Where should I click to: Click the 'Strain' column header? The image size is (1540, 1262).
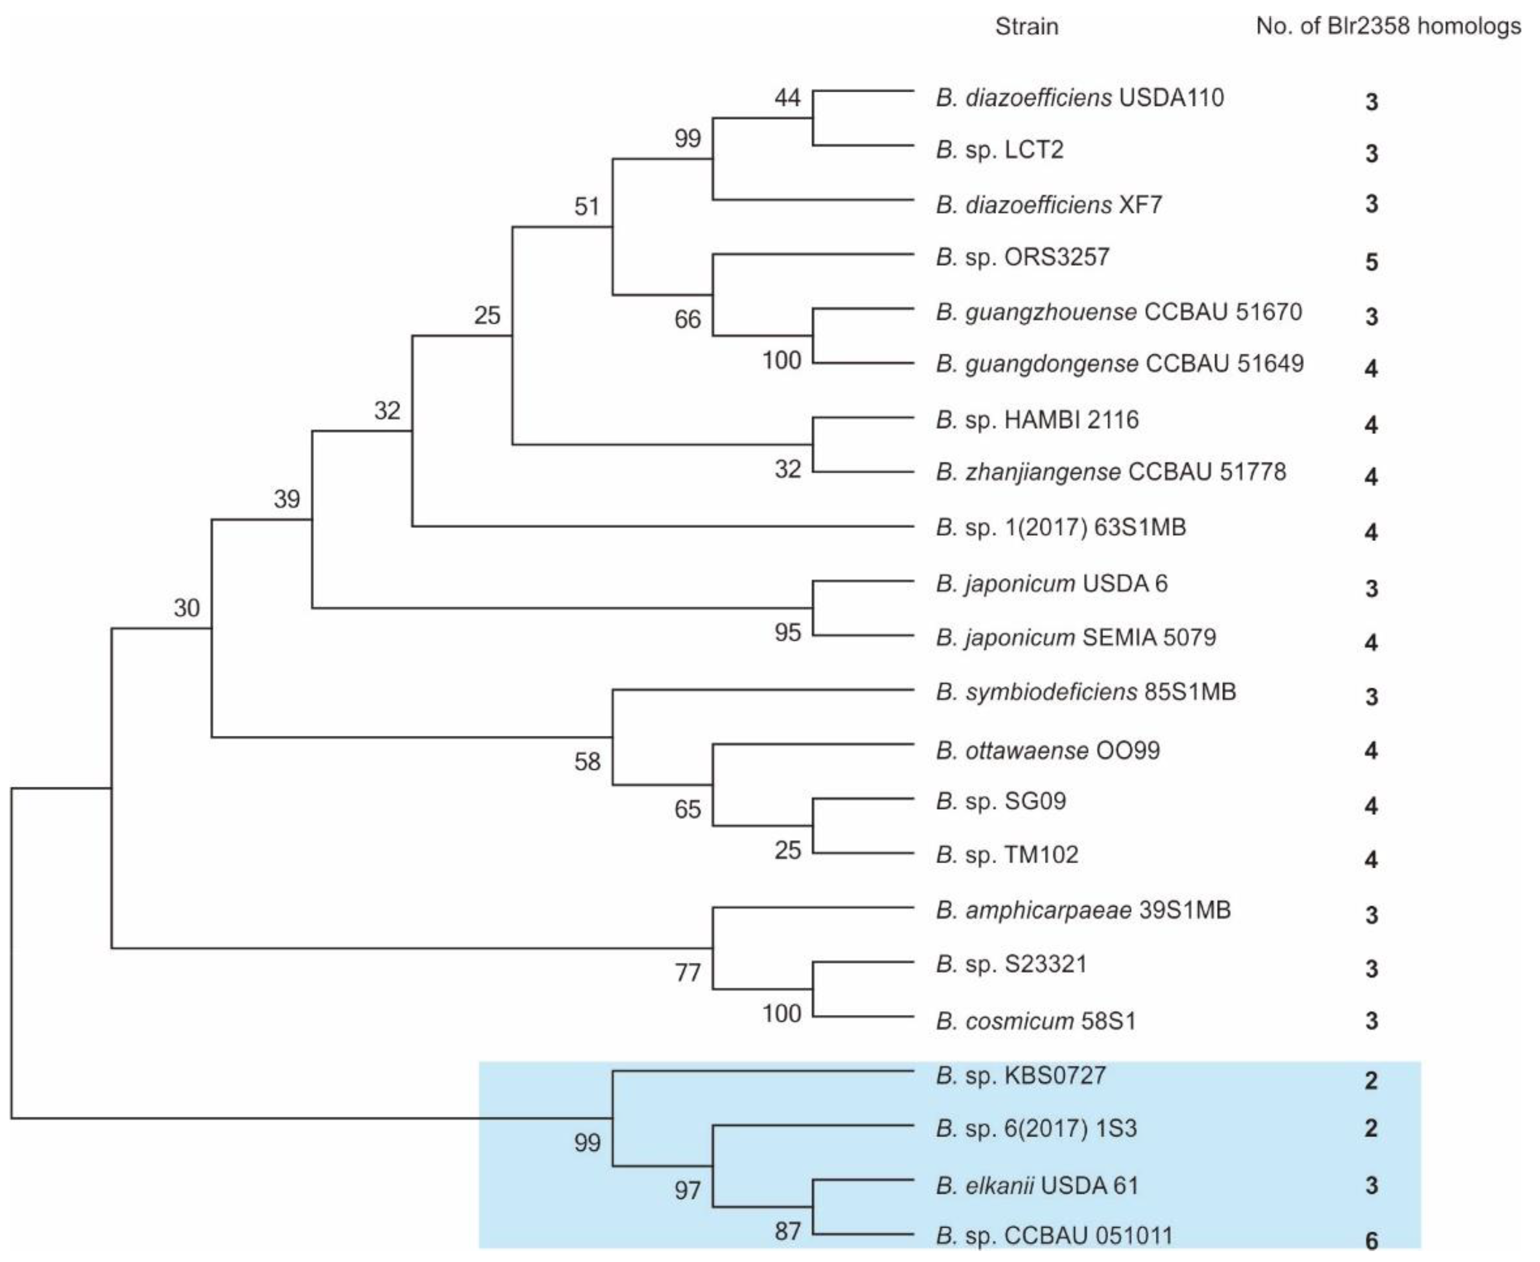[1026, 27]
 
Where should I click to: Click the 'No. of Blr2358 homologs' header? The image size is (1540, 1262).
[1388, 27]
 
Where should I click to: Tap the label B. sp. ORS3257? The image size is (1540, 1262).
[1022, 257]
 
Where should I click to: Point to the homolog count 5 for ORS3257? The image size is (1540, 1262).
[1371, 261]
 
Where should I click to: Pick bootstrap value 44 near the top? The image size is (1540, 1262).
[787, 98]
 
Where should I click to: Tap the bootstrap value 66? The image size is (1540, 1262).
[687, 319]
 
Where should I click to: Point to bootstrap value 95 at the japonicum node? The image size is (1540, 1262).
[787, 632]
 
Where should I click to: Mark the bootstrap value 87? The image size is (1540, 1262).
[787, 1231]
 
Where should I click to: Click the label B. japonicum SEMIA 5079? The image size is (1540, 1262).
[1075, 638]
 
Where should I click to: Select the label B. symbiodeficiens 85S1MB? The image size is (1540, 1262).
[1086, 691]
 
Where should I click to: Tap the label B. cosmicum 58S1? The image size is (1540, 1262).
[1036, 1022]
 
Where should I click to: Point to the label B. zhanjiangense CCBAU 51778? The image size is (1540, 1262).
[1110, 472]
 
